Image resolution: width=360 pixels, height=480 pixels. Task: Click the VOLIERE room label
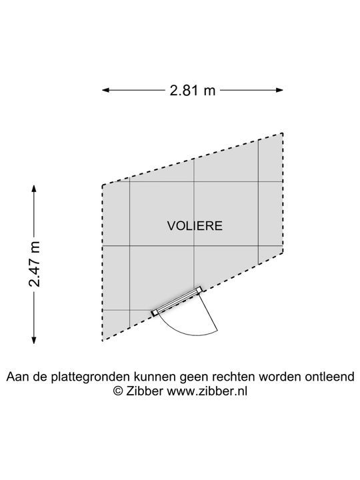tap(195, 225)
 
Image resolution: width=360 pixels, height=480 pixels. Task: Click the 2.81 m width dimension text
tap(193, 90)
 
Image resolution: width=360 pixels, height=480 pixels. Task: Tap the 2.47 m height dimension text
tap(34, 264)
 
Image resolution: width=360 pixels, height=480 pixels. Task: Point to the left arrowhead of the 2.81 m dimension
tap(106, 90)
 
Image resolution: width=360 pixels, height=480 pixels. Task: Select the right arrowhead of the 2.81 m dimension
tap(279, 90)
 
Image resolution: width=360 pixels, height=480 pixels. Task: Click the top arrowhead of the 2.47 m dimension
tap(34, 188)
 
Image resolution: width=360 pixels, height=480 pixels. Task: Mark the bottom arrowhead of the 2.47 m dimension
tap(34, 339)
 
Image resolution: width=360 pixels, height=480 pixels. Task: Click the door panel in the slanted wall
tap(177, 301)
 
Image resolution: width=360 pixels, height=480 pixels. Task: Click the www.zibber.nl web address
tap(207, 391)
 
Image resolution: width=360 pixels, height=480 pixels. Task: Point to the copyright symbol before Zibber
tap(118, 391)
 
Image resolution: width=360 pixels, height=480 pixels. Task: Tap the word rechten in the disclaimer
tap(235, 377)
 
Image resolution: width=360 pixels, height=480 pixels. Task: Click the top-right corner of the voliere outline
tap(283, 133)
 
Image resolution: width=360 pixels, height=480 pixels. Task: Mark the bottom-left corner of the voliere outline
tap(102, 341)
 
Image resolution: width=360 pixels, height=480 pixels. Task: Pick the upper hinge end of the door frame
tap(199, 289)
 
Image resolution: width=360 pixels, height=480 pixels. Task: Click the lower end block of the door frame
tap(155, 313)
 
